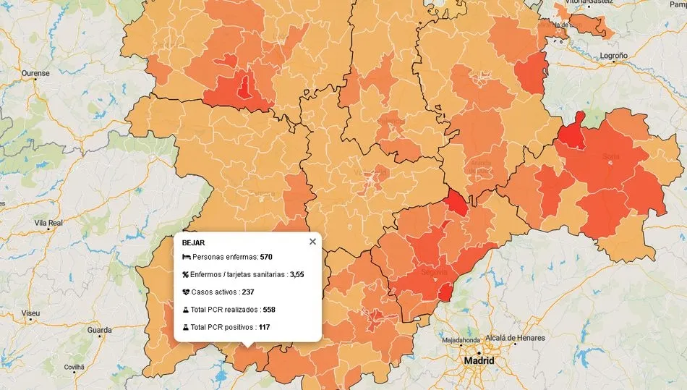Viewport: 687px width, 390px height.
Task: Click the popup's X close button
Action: (312, 242)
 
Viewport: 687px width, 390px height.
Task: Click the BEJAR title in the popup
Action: (193, 242)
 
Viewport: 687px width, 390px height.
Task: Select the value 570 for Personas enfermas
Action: (265, 257)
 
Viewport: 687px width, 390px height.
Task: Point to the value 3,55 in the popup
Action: (296, 274)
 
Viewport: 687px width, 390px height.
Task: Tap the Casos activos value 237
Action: (247, 292)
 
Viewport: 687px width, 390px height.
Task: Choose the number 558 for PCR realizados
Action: (269, 310)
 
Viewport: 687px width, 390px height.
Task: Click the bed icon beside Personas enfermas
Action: (186, 257)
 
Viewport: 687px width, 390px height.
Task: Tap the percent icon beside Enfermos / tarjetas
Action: (186, 274)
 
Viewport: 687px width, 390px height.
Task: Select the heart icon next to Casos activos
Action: (186, 292)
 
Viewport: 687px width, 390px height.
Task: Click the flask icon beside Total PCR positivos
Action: (186, 327)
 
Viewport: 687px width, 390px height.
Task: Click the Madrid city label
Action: (479, 360)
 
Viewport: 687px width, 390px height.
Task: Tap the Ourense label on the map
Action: (35, 73)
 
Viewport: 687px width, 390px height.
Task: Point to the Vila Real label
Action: (49, 224)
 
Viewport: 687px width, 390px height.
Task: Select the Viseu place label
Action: (31, 313)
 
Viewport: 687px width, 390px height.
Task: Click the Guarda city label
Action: (99, 330)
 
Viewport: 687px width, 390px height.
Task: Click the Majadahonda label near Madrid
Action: (462, 339)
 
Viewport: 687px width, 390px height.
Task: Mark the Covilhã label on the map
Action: (74, 368)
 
